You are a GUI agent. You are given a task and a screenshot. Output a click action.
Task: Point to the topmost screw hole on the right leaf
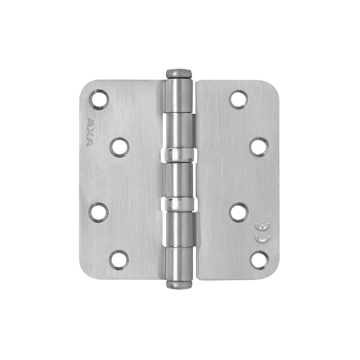coord(239,99)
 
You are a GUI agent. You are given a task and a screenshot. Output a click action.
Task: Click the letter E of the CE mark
coord(260,227)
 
